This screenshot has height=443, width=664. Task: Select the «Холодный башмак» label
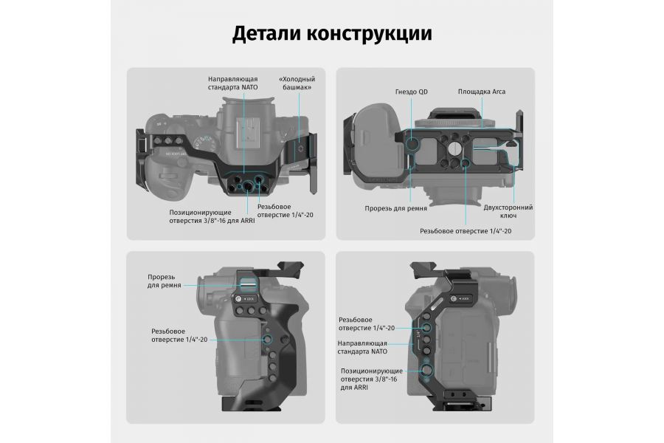click(295, 83)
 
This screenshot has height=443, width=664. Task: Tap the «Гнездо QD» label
click(410, 92)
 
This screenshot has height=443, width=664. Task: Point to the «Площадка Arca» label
click(481, 92)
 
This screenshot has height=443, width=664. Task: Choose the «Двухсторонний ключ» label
click(508, 211)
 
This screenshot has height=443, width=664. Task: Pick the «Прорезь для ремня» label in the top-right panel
click(395, 208)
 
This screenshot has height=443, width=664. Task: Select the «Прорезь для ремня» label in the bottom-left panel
click(160, 281)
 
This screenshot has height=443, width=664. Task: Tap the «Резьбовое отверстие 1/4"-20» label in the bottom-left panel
click(179, 335)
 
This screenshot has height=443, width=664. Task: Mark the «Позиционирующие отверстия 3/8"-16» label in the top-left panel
click(212, 216)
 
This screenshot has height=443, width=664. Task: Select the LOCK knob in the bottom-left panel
click(240, 299)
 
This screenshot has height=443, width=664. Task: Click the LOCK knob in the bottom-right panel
click(456, 300)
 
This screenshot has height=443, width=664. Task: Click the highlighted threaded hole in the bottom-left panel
click(267, 339)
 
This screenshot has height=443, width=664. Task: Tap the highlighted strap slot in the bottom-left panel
click(246, 284)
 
